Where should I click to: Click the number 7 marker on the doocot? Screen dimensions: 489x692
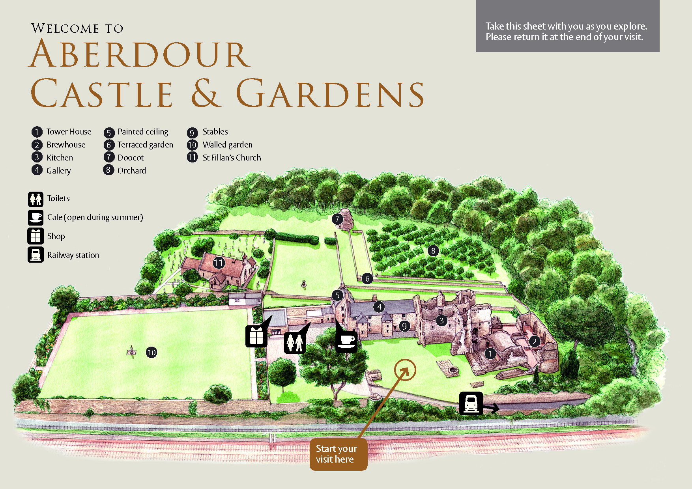pos(337,219)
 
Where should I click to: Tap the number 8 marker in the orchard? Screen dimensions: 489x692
pos(433,251)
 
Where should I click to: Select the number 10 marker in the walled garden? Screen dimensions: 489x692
pos(151,353)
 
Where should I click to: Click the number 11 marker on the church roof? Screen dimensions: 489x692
pos(219,263)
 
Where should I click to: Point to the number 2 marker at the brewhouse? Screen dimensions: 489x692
pos(534,342)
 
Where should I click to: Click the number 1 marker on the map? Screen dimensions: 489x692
pos(490,354)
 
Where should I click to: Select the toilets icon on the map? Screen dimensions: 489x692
pos(295,343)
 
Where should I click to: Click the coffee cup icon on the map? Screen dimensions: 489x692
pos(346,342)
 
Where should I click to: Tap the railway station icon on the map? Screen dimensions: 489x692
pos(471,403)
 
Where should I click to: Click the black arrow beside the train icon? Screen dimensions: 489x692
pos(492,408)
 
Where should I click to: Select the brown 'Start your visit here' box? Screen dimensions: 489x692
pos(338,454)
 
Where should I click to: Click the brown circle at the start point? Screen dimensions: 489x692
pos(405,370)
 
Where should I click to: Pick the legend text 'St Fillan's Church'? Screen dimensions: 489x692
pos(232,158)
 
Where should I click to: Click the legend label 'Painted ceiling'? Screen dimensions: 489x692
pos(143,132)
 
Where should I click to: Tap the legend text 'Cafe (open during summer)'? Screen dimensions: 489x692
pos(95,217)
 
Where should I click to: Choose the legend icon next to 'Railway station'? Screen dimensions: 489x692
pos(36,255)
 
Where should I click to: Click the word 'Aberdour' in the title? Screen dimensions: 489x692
pos(140,54)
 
